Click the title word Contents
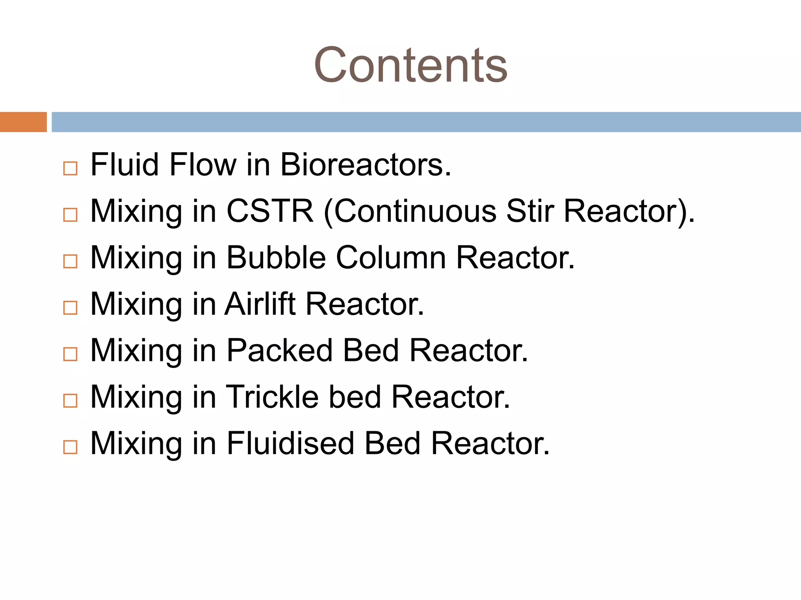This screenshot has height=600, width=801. point(410,65)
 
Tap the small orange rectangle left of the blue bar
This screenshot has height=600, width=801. point(23,122)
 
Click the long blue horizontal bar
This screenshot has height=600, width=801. point(426,122)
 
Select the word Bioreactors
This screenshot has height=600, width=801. point(366,165)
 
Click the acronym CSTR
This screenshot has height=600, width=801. point(270,211)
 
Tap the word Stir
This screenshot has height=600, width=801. point(530,211)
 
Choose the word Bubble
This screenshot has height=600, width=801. point(276,258)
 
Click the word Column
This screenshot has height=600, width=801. point(391,258)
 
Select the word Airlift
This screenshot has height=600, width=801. point(260,304)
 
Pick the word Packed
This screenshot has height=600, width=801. point(280,350)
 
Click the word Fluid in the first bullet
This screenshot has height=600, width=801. point(124,165)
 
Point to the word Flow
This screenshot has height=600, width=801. point(203,165)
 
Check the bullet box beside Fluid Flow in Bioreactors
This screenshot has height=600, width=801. point(70,169)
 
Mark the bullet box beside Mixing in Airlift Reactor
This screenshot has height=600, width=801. point(70,308)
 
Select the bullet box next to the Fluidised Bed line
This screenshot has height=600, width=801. point(70,447)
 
